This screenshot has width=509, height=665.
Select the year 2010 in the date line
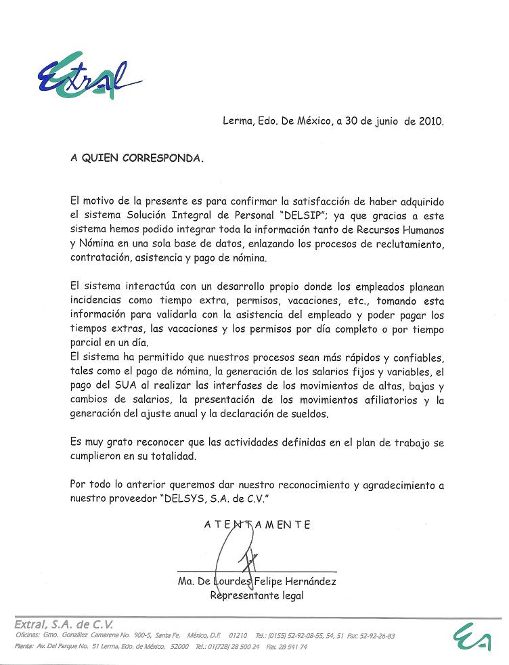[430, 122]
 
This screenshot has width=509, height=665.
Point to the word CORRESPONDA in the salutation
[162, 158]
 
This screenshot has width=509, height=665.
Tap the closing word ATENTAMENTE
[257, 524]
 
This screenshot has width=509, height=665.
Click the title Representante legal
[257, 596]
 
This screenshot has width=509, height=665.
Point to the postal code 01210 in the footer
[238, 636]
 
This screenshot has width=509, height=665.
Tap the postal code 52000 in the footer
[179, 647]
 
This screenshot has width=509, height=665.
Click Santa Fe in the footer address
[166, 636]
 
